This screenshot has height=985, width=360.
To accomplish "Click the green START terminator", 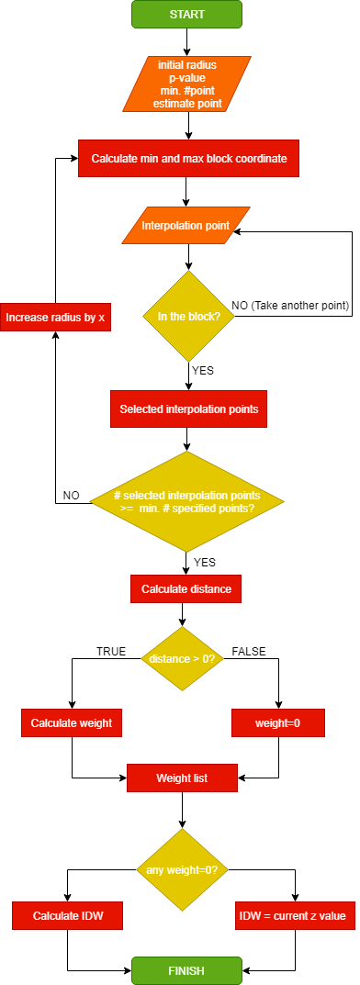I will click(x=186, y=14).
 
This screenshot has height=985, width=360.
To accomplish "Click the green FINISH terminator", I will click(x=186, y=969).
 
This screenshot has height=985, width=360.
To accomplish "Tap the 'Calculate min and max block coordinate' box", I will click(x=188, y=158).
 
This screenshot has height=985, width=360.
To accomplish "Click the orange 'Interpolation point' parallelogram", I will click(x=186, y=226).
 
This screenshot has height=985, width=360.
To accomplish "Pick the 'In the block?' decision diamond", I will click(x=187, y=318).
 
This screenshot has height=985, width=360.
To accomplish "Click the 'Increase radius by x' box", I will click(x=55, y=318).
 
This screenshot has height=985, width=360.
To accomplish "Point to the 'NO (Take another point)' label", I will click(x=290, y=305).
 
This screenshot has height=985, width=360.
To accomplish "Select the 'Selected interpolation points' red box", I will click(x=188, y=408).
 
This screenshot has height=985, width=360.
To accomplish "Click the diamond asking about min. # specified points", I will click(x=187, y=501).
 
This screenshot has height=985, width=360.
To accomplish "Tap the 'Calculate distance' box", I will click(x=186, y=588).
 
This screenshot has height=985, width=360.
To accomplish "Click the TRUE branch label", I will click(x=111, y=651).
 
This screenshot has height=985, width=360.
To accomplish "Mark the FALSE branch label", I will click(x=250, y=651).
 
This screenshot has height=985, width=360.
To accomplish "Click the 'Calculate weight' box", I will click(x=72, y=722).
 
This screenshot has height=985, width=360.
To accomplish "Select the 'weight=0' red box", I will click(x=278, y=722).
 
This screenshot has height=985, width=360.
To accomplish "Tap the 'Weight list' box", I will click(x=182, y=778).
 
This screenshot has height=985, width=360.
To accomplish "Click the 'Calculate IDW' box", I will click(x=68, y=915).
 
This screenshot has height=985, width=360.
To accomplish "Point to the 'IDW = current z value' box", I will click(x=295, y=915).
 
